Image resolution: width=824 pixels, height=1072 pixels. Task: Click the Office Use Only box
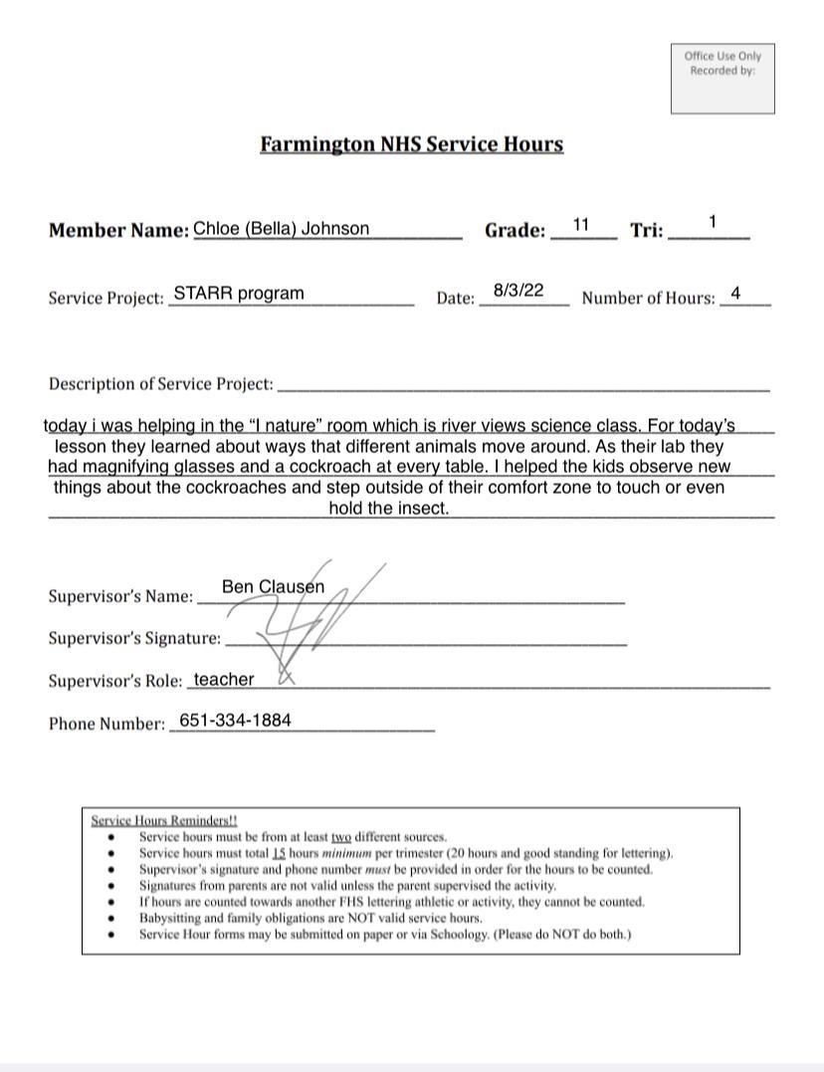coord(722,78)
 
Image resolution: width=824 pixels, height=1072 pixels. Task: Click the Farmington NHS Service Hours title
coord(411,144)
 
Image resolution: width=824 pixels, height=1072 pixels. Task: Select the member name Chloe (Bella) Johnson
coord(281,229)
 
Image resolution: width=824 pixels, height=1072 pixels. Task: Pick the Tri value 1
coord(713,221)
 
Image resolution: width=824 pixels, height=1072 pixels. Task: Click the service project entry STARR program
coord(239,294)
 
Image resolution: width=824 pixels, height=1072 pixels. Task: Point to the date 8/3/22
coord(518,291)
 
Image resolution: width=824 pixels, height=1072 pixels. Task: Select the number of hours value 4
coord(735,294)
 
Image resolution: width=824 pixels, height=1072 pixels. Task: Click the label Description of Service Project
coord(160,384)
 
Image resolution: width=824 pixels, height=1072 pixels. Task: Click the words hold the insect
coord(388,509)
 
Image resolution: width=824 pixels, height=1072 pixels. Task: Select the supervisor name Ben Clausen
coord(273,587)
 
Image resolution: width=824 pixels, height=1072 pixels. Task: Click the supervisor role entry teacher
coord(224,680)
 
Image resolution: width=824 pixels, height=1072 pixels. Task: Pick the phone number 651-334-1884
coord(235,721)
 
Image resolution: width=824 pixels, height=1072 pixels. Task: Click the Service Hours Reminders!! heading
coord(164,821)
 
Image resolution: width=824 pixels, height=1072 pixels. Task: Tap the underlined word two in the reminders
coord(341,837)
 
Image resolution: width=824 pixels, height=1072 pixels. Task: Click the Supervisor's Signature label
coord(134,639)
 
